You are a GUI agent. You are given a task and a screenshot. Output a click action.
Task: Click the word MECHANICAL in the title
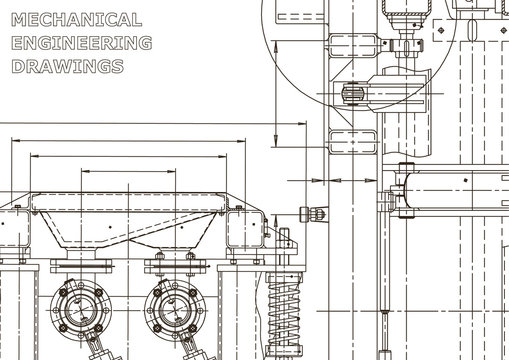[76, 20]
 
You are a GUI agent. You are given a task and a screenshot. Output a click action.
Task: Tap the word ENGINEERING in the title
[82, 44]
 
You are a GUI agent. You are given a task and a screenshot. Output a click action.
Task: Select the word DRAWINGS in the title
[68, 67]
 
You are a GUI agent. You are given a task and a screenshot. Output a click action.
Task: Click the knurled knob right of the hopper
[311, 212]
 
